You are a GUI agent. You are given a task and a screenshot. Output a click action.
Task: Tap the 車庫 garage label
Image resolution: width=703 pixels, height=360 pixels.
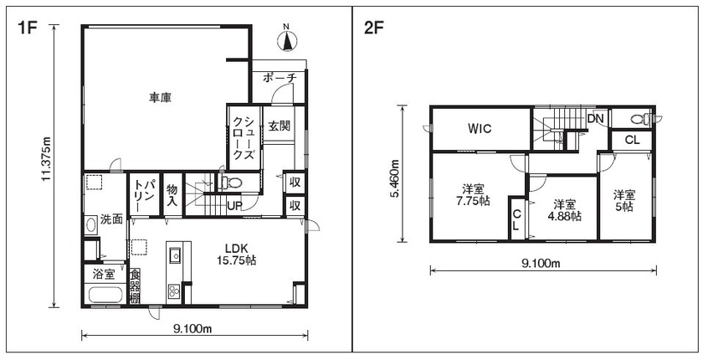[x=161, y=99]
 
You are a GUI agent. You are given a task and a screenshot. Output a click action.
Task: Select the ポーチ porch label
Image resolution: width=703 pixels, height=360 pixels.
[x=280, y=78]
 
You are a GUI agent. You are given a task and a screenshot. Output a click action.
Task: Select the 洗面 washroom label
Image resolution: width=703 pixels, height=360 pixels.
[x=111, y=220]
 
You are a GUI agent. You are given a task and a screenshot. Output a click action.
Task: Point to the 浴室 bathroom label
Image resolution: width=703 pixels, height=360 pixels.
[x=103, y=274]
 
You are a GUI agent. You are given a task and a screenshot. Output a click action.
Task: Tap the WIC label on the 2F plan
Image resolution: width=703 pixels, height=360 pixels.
[x=480, y=129]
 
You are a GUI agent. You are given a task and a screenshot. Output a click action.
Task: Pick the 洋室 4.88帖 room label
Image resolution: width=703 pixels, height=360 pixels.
[x=564, y=209]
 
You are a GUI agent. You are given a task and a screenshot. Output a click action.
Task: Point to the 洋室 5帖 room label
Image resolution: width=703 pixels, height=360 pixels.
[x=623, y=201]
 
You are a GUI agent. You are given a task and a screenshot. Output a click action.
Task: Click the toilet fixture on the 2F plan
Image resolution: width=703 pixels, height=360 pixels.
[x=638, y=118]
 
